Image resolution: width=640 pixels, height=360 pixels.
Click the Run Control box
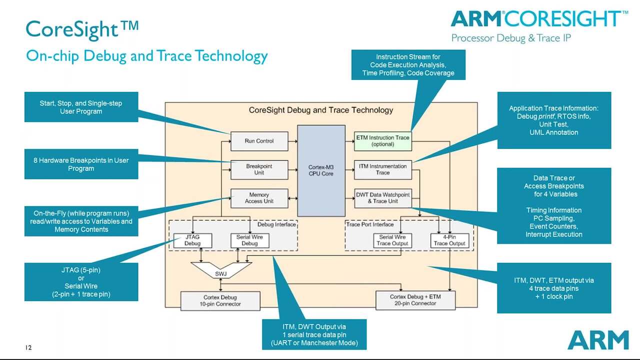[259, 141]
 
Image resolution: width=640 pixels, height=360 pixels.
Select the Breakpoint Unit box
[259, 169]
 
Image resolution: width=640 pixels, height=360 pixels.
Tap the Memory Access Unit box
[259, 198]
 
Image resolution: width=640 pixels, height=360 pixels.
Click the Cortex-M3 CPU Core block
[321, 170]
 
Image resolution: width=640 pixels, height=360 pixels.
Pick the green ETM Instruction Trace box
[382, 141]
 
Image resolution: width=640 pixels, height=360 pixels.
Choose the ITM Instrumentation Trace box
[382, 169]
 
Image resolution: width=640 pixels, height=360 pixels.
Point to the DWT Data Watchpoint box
[382, 198]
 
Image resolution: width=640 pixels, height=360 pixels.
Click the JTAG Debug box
[192, 240]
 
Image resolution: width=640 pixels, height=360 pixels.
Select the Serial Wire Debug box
[249, 240]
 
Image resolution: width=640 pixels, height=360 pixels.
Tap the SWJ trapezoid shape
[221, 272]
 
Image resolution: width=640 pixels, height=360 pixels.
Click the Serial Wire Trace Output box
[392, 240]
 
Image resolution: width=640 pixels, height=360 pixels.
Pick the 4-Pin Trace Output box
[449, 240]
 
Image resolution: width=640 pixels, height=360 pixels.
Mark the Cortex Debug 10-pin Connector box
[220, 300]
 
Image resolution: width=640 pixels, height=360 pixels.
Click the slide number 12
[28, 347]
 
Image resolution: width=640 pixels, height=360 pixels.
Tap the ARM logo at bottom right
[597, 340]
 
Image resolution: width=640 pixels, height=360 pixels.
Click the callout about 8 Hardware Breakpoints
[81, 164]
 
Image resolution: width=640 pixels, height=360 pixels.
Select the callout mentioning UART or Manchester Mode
[314, 335]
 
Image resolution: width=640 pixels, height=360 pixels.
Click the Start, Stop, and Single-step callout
[81, 107]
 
